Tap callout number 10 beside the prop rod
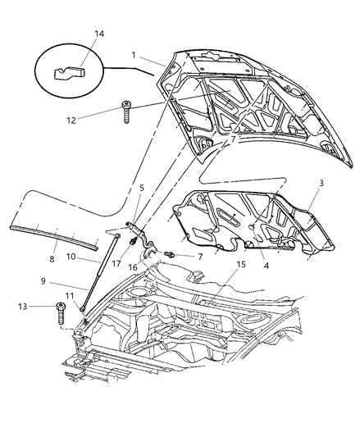click(x=71, y=257)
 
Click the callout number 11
click(x=70, y=298)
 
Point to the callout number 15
click(x=241, y=265)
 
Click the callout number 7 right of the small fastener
click(x=199, y=257)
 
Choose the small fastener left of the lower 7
click(x=170, y=256)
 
